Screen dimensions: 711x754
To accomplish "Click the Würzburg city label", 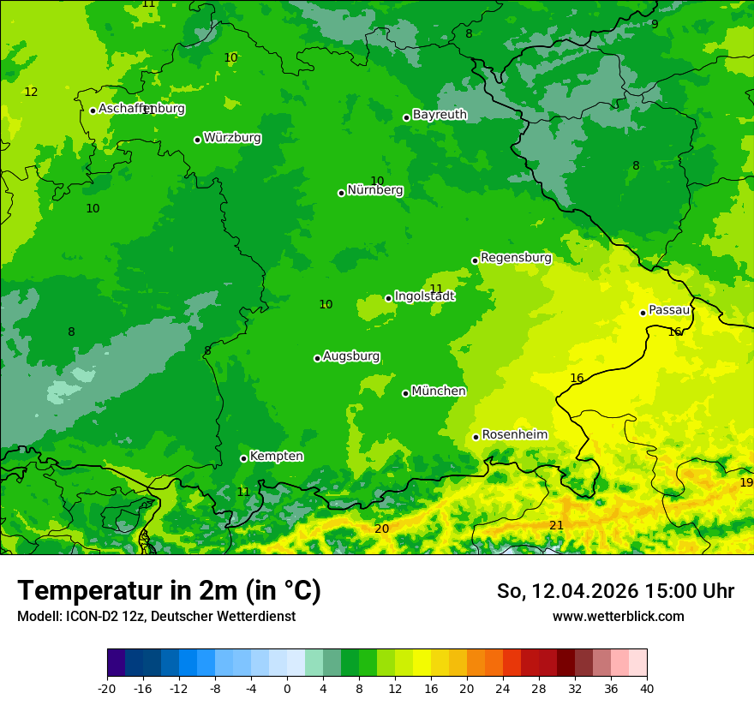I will [x=232, y=138].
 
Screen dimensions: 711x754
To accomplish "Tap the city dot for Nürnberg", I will [x=341, y=193].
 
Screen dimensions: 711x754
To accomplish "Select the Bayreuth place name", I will [x=440, y=115].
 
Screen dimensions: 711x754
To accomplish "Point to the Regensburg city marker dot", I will [x=475, y=260].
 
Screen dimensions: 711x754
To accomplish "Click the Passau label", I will [x=669, y=310].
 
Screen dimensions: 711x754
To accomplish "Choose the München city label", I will [x=439, y=391].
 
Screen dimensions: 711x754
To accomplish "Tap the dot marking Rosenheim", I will [x=476, y=437].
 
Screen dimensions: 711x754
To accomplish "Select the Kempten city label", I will [x=276, y=457].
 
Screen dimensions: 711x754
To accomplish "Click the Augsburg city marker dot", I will [x=317, y=358].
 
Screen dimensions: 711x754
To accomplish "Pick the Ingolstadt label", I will [x=424, y=296].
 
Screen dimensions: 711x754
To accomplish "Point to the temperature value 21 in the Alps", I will [x=556, y=525].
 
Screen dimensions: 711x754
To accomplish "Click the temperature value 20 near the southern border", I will [x=381, y=529].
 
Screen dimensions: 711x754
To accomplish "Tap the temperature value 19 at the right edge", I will [x=746, y=483].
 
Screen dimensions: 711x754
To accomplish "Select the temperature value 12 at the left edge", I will [x=31, y=92].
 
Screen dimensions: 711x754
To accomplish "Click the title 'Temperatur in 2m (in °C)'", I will [x=169, y=591].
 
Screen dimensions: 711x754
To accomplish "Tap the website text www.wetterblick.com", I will [x=618, y=616].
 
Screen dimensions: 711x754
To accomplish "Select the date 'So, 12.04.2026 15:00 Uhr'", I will [x=615, y=591].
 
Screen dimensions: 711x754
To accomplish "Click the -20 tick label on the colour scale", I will [x=107, y=688].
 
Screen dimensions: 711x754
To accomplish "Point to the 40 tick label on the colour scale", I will [x=646, y=688].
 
